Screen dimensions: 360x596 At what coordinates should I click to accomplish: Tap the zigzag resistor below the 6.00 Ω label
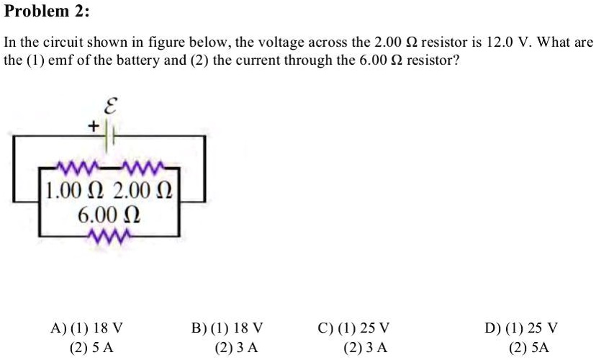tap(109, 235)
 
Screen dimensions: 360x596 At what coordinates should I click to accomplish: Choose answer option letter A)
tap(58, 328)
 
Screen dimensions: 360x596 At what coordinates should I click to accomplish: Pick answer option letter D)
tap(493, 328)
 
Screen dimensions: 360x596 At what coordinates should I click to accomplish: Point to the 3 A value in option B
tap(245, 347)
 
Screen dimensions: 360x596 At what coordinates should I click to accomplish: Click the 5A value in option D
tap(539, 347)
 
